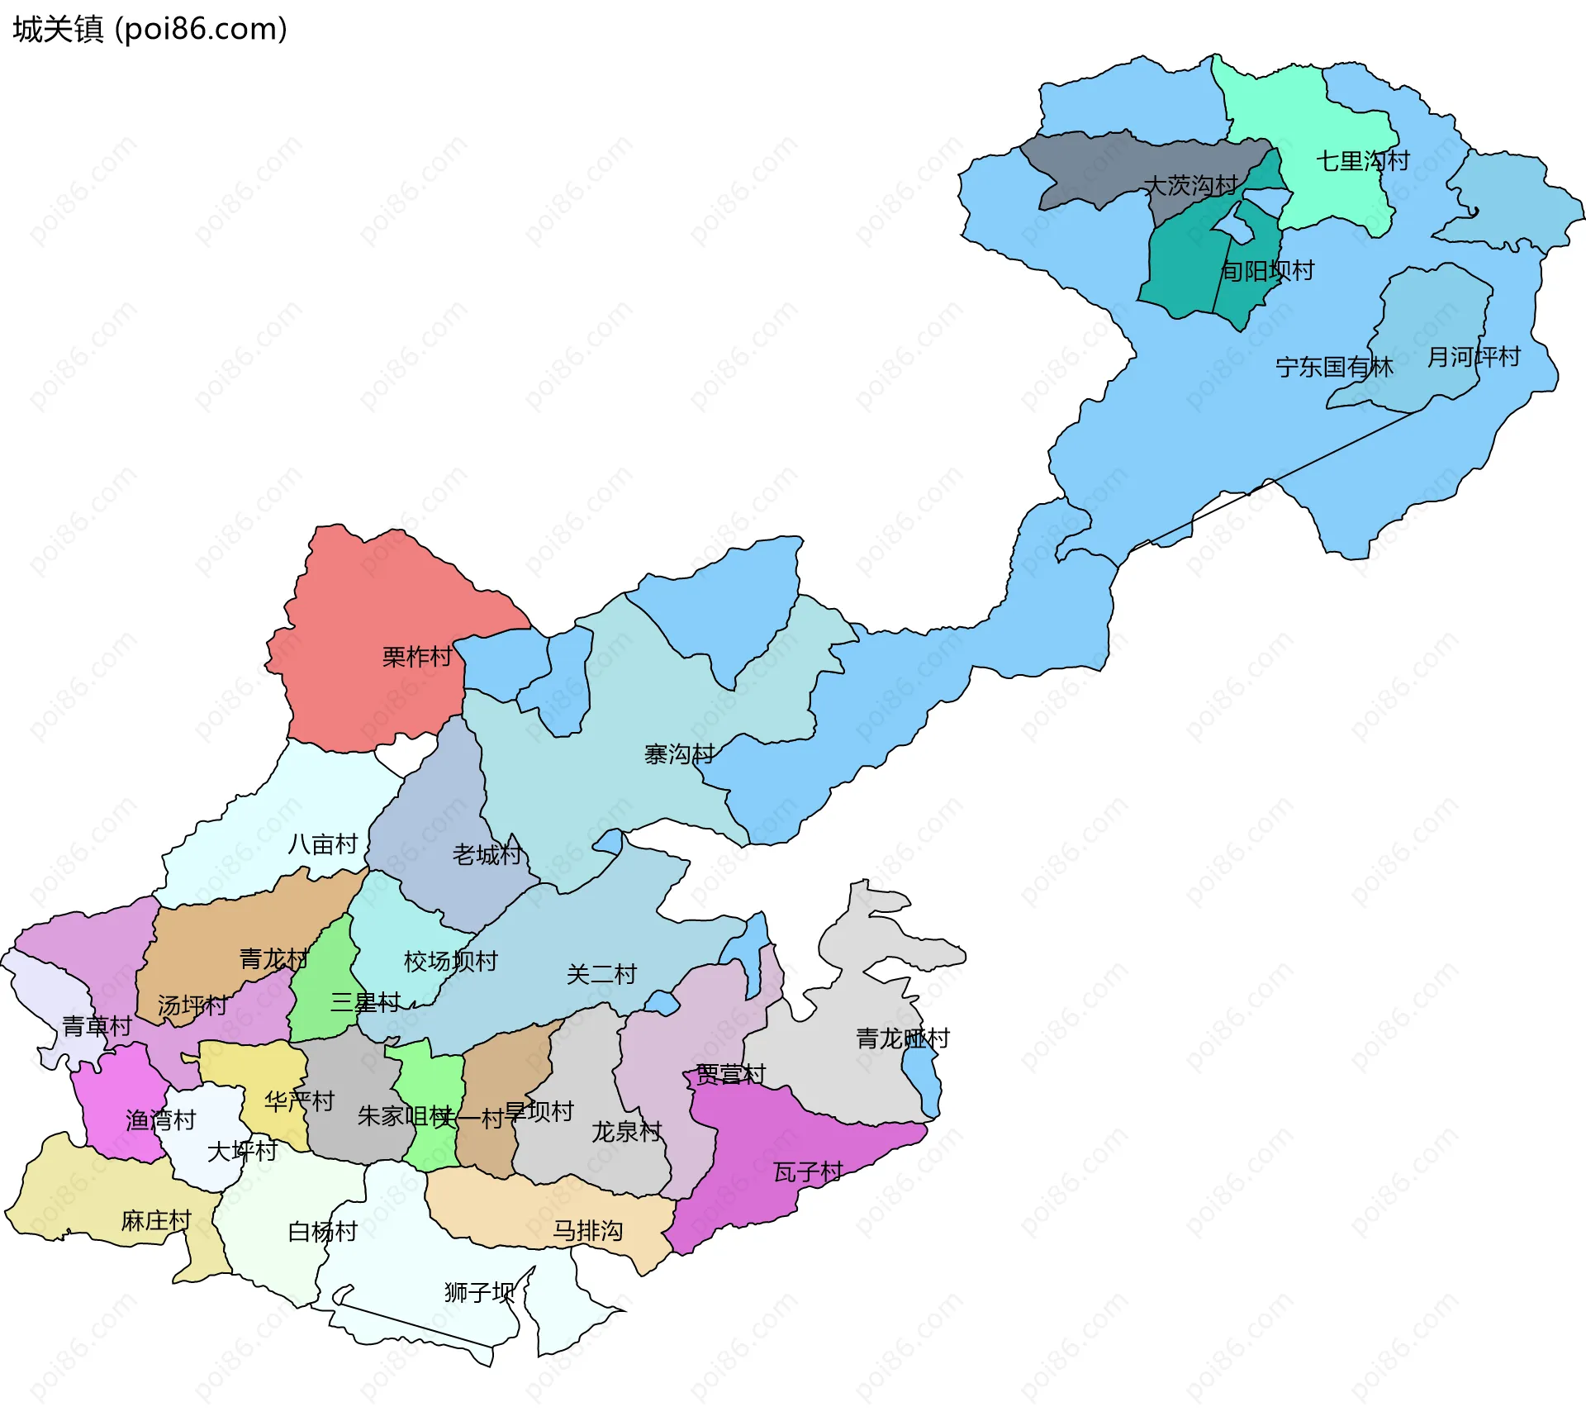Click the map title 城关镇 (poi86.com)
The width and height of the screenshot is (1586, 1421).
click(x=150, y=29)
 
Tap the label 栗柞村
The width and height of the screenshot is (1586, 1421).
click(x=417, y=657)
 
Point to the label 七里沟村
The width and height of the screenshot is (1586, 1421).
click(x=1362, y=161)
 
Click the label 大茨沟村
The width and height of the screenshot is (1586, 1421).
click(x=1190, y=185)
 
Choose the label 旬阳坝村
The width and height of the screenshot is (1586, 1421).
click(x=1267, y=271)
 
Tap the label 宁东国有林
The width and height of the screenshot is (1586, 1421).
click(x=1334, y=367)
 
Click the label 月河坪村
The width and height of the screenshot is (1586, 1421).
click(x=1474, y=357)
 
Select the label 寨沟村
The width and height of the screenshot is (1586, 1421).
click(x=679, y=754)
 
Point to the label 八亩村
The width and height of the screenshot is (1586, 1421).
click(x=322, y=844)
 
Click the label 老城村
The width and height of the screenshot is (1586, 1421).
click(x=487, y=854)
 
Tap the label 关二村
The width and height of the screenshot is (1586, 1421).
click(x=601, y=975)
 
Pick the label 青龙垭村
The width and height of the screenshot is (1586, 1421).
click(x=902, y=1038)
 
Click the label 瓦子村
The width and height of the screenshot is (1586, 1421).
click(x=808, y=1172)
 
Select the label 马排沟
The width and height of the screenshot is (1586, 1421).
click(x=587, y=1231)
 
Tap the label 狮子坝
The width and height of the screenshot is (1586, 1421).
click(x=479, y=1292)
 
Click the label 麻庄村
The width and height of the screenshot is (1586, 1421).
click(x=156, y=1220)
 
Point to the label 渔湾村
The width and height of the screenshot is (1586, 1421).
click(x=160, y=1120)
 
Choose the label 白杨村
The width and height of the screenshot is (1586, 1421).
click(x=322, y=1232)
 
